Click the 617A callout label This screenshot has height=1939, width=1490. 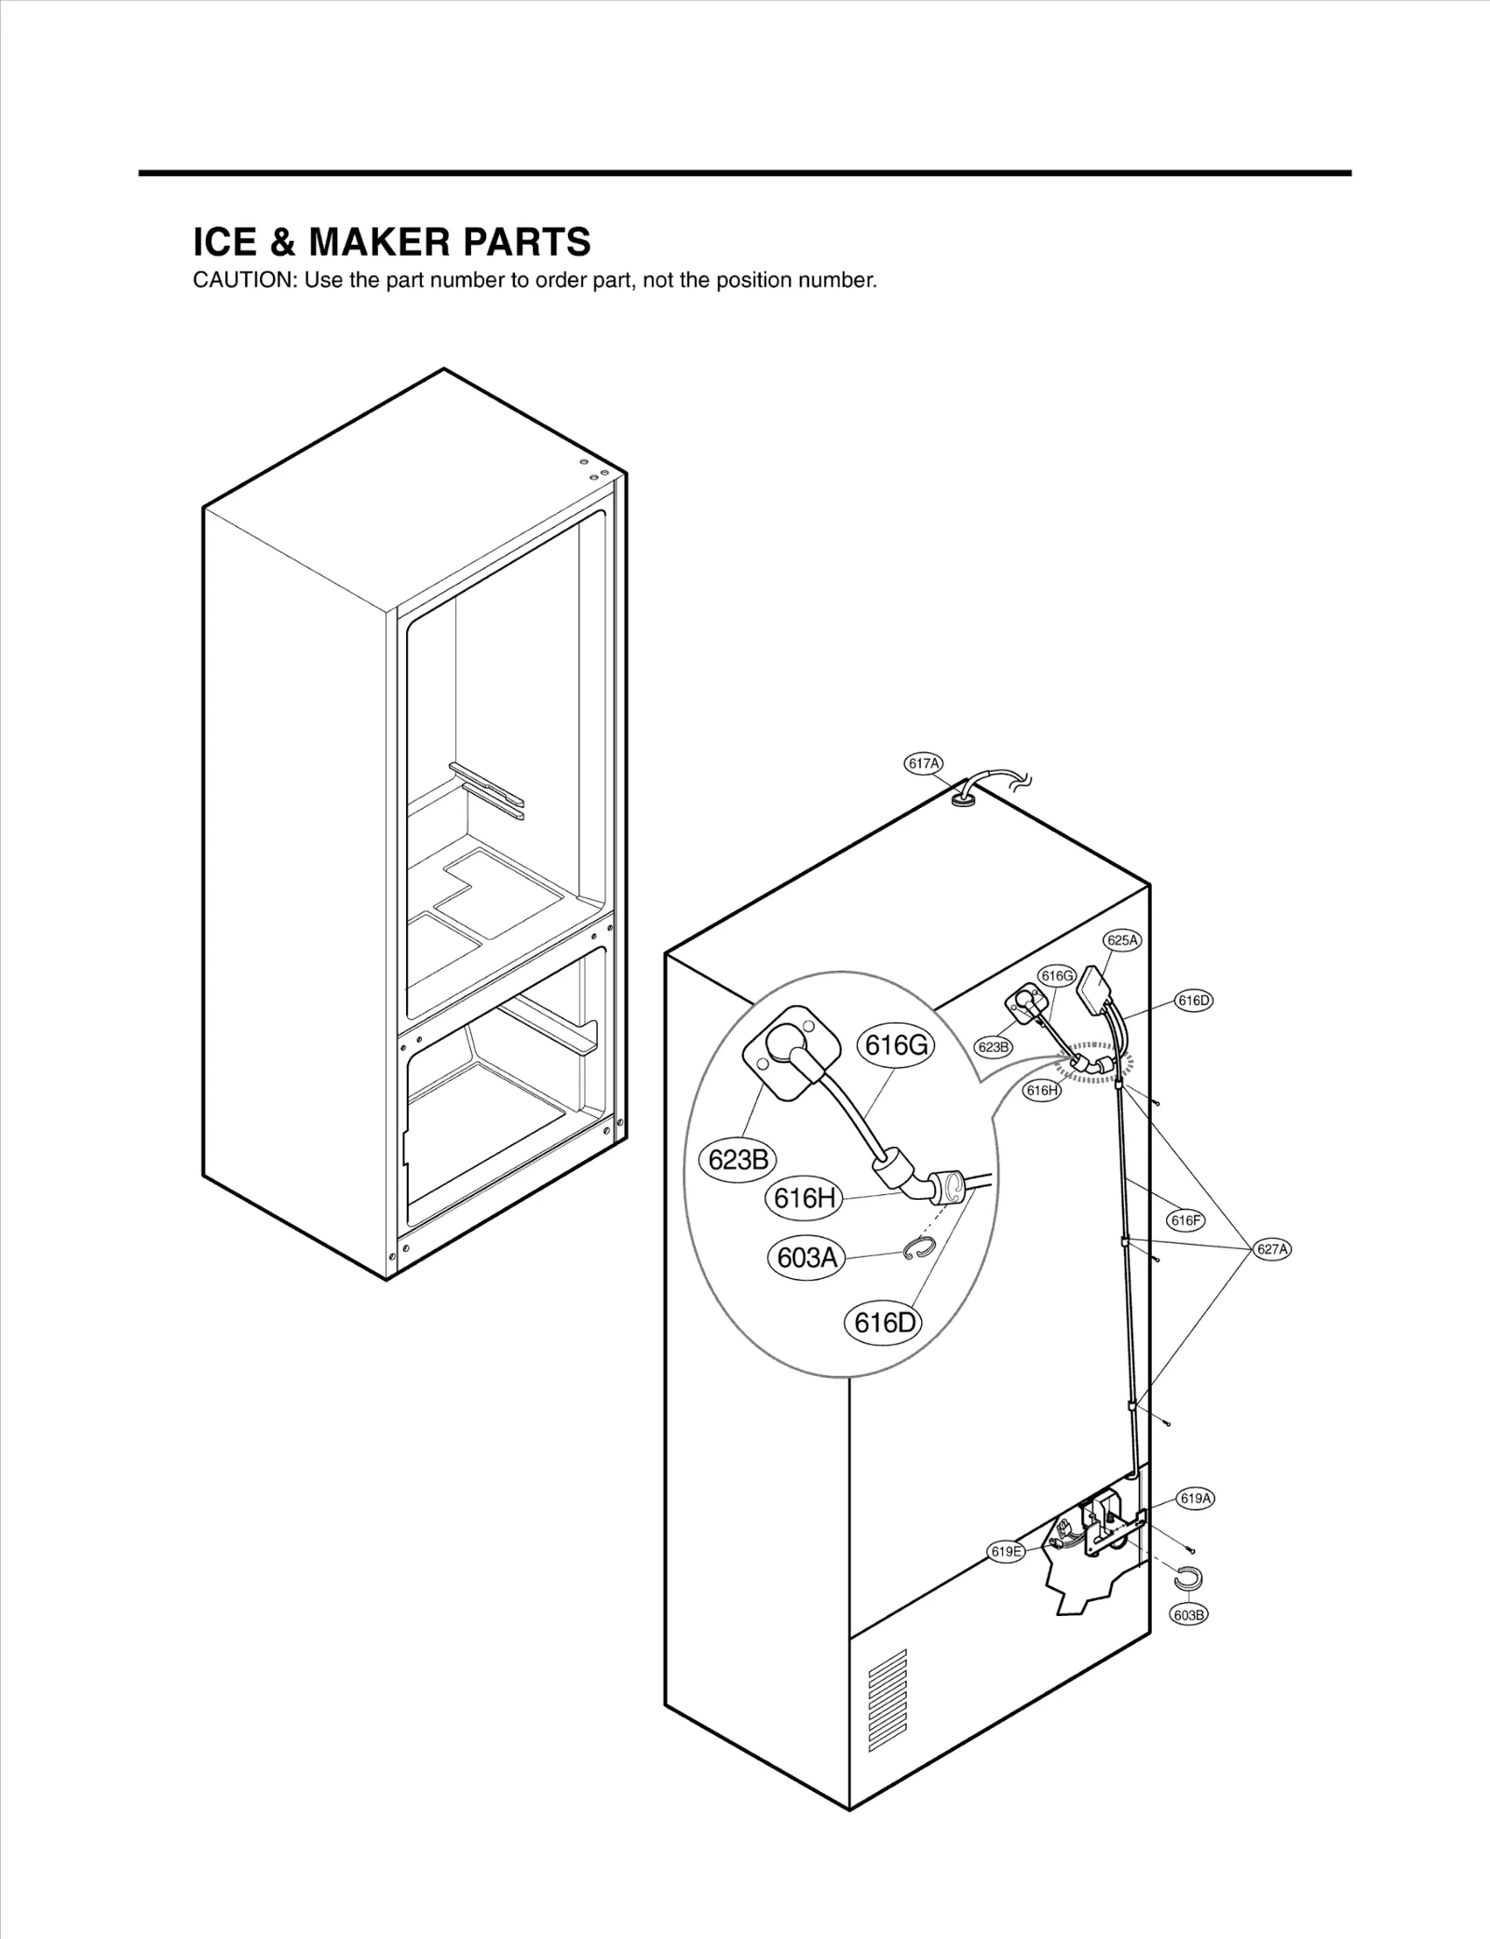tap(923, 764)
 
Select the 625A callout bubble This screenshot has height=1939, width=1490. tap(1122, 940)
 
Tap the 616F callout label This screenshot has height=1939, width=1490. tap(1185, 1220)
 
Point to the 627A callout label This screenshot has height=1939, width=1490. tap(1272, 1249)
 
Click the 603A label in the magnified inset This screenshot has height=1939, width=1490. tap(806, 1258)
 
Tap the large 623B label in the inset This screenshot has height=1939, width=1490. tap(738, 1160)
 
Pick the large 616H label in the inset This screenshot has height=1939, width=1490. tap(804, 1198)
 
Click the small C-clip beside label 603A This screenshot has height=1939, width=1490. tap(915, 1250)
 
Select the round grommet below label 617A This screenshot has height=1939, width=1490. tap(964, 798)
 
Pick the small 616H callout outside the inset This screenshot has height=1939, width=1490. tap(1041, 1090)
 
